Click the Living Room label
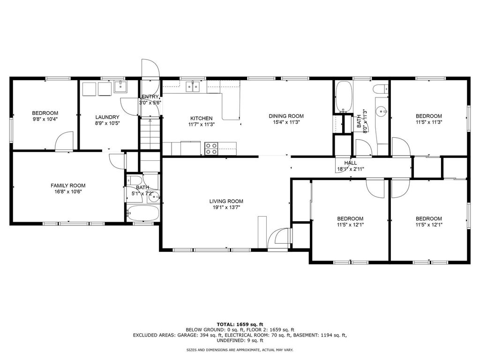click(226, 201)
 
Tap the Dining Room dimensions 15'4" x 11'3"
click(286, 122)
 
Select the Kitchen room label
click(202, 119)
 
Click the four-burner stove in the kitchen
click(211, 149)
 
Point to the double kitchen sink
click(193, 87)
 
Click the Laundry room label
click(107, 117)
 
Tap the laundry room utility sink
click(121, 86)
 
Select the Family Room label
click(68, 186)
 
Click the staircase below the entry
click(150, 134)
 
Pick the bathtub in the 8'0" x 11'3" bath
click(343, 97)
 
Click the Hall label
click(351, 163)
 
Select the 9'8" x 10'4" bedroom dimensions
click(45, 119)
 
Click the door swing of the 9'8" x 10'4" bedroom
click(64, 141)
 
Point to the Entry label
click(150, 97)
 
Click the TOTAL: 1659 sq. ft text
click(240, 324)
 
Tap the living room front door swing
click(278, 238)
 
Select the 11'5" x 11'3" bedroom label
click(428, 116)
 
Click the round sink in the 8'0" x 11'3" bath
click(382, 111)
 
